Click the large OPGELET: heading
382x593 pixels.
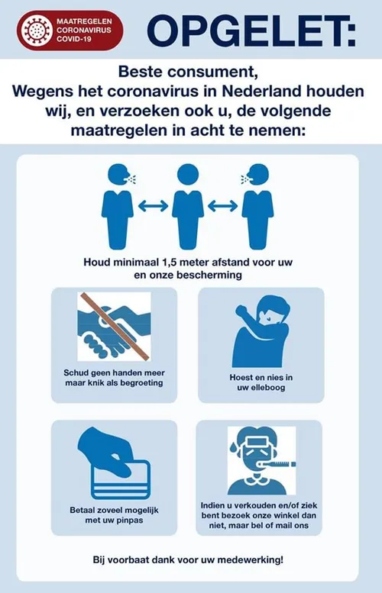(x=251, y=31)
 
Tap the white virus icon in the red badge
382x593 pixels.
(x=37, y=30)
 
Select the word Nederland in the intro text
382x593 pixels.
(x=261, y=91)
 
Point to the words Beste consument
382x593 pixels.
(x=188, y=72)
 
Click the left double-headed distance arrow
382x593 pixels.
(x=153, y=206)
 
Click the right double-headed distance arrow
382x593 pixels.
(x=222, y=206)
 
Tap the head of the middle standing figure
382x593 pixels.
(x=188, y=175)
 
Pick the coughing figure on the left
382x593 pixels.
(x=118, y=206)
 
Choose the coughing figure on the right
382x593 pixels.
(x=257, y=206)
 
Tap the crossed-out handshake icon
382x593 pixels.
(x=114, y=326)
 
